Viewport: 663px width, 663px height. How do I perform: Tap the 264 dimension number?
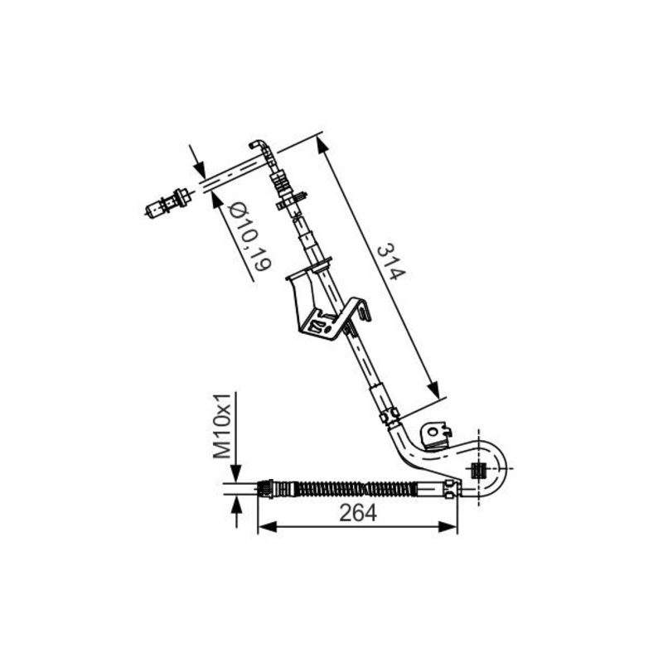tap(358, 513)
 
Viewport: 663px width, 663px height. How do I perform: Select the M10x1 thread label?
tap(221, 426)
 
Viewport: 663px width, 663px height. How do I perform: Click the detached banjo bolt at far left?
tap(167, 203)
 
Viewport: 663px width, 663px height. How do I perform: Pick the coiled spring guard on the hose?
tap(353, 489)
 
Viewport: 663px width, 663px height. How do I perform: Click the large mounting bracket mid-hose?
tap(327, 306)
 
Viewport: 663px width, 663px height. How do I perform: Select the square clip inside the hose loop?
tap(478, 469)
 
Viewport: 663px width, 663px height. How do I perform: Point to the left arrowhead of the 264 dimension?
tap(267, 527)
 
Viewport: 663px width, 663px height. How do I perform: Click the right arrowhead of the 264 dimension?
tap(448, 527)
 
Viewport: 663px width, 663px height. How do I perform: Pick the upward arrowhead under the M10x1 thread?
tap(236, 506)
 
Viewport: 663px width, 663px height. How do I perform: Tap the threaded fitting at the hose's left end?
tap(267, 489)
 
